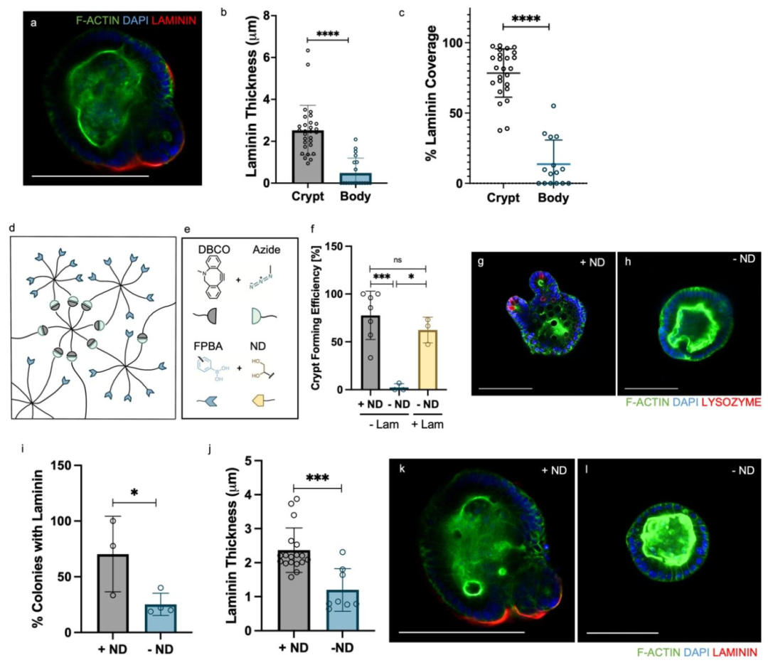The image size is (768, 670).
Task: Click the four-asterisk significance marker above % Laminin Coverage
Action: tap(526, 18)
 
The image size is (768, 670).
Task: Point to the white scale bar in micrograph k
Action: tap(462, 631)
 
